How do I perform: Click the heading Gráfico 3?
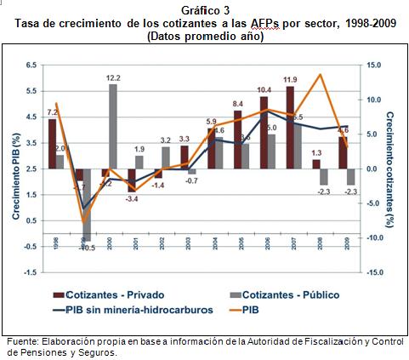coord(205,10)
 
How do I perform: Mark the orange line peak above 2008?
coord(320,75)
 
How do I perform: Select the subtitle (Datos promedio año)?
coord(205,37)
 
